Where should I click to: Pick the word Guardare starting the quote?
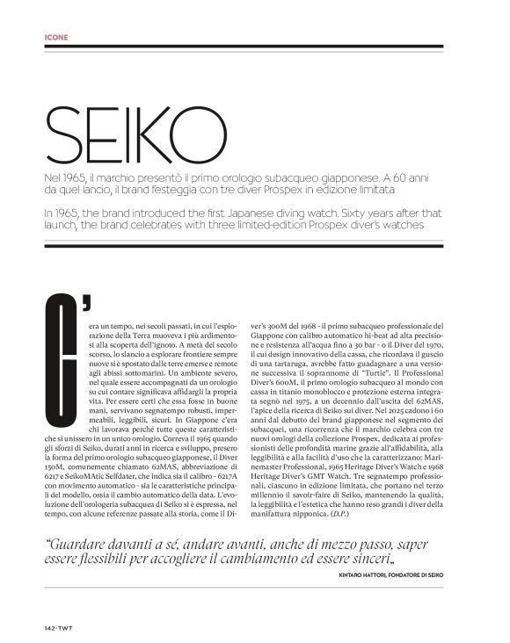click(x=81, y=542)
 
